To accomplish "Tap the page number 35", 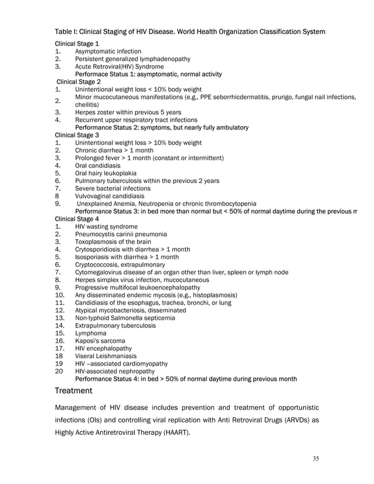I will (315, 458).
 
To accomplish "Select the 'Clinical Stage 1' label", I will (77, 44).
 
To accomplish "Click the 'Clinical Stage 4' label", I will (77, 219).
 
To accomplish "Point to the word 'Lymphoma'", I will (91, 333).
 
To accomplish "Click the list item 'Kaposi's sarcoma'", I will (100, 340).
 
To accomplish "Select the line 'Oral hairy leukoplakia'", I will (106, 173).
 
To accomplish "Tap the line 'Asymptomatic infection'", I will (108, 52).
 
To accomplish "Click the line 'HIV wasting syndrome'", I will (107, 226).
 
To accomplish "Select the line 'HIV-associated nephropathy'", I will (115, 371).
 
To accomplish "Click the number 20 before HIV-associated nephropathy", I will (59, 371).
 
